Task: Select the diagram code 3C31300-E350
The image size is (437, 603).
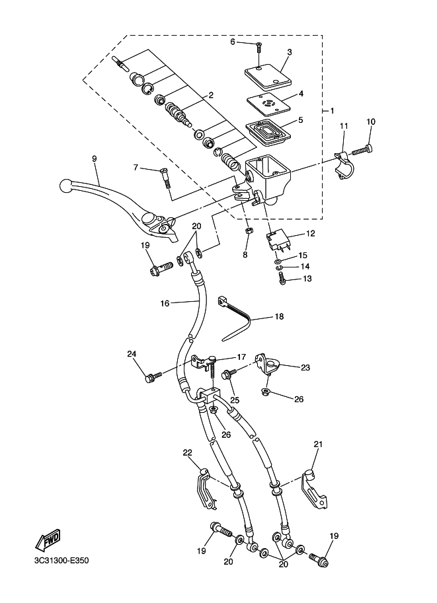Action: (61, 561)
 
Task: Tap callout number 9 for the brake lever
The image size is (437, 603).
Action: (95, 159)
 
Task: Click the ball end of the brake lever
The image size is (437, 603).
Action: (66, 186)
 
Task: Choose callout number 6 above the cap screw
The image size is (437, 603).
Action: (233, 42)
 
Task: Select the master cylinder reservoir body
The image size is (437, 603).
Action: (268, 178)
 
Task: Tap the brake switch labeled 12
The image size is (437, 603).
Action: (276, 241)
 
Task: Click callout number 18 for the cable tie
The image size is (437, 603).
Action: (280, 316)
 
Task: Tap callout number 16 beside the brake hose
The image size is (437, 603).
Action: (165, 303)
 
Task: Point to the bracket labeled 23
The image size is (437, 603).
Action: (268, 365)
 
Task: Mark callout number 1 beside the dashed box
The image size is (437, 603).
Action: (333, 111)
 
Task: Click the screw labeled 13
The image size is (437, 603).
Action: (283, 277)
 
